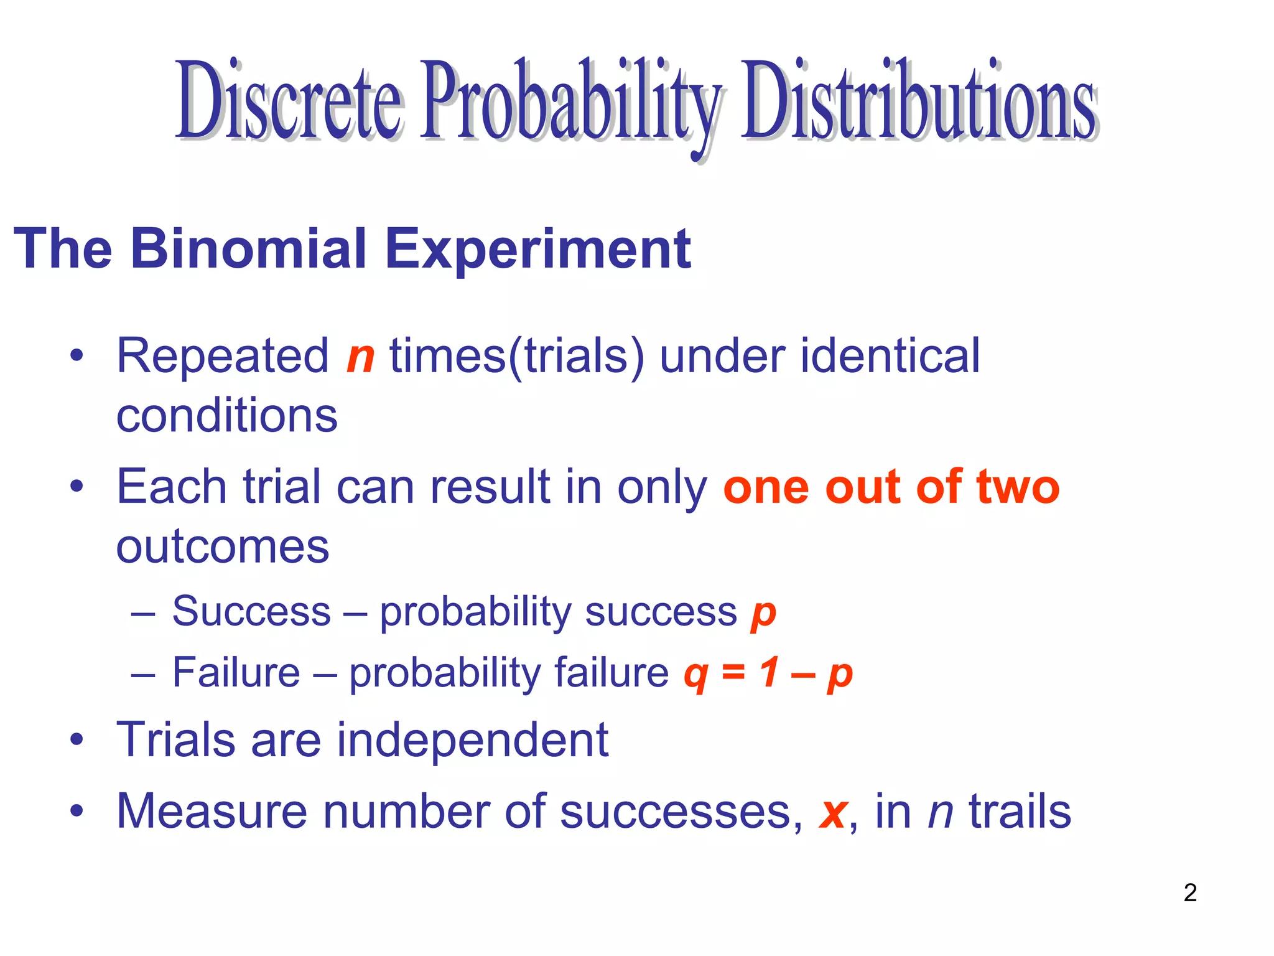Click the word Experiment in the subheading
tap(537, 249)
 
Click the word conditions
tap(227, 416)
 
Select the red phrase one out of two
tap(891, 487)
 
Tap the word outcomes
tap(223, 546)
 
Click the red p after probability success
tap(763, 614)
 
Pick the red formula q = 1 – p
tap(768, 673)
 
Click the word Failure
tap(236, 672)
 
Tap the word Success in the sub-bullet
tap(251, 611)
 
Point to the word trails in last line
tap(1020, 812)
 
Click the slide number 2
tap(1190, 893)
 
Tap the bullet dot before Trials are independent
tap(77, 740)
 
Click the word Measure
tap(212, 812)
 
